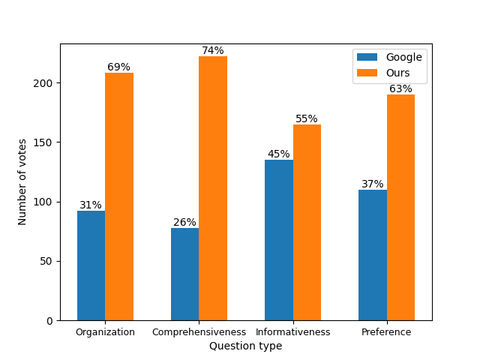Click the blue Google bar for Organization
click(x=91, y=265)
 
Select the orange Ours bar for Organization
click(x=119, y=196)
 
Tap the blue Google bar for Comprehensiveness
click(x=184, y=274)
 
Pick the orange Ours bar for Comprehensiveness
click(x=213, y=188)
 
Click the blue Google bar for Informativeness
click(x=278, y=240)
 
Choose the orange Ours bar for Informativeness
click(x=307, y=222)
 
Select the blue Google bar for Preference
click(x=372, y=255)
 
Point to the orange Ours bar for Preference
click(x=400, y=208)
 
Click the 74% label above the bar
click(x=213, y=50)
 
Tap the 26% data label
click(x=184, y=222)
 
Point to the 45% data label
click(x=278, y=154)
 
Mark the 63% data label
click(x=400, y=88)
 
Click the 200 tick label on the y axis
click(x=44, y=83)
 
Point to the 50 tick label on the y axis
click(x=47, y=261)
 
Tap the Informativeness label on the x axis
click(x=292, y=331)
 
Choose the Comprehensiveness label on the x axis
click(x=199, y=331)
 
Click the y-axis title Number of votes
click(x=22, y=181)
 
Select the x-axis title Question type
click(x=245, y=346)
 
